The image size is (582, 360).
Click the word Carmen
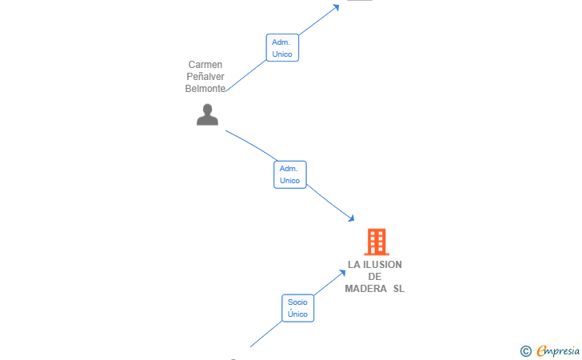pos(205,65)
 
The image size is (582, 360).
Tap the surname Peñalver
pos(205,77)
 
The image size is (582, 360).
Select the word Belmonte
pos(205,89)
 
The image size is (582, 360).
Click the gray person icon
pos(207,114)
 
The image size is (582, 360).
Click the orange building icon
pos(377,242)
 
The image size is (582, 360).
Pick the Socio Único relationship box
pos(297,308)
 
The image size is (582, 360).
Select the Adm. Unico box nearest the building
pos(290,174)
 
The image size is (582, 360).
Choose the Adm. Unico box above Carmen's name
pos(282,47)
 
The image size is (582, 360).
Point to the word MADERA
pos(365,289)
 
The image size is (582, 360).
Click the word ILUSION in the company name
pos(382,265)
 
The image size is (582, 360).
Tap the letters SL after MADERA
pos(399,289)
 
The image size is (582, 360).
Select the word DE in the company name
pos(374,277)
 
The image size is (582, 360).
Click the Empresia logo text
pos(558,350)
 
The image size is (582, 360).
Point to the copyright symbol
pos(525,351)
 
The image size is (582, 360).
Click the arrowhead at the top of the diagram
pos(336,7)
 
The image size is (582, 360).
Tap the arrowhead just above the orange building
pos(351,218)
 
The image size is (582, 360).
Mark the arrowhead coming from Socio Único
pos(342,273)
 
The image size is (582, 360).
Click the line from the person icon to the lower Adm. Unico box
pos(251,145)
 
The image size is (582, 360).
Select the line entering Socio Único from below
pos(265,334)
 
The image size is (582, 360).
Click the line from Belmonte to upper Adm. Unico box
pos(246,76)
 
